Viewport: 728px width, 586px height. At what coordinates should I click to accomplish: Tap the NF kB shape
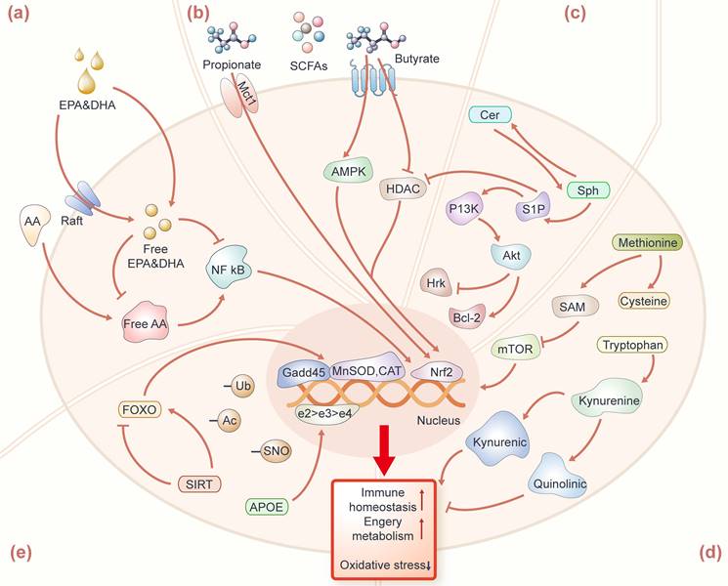coord(233,264)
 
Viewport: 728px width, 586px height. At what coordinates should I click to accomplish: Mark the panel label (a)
coord(21,14)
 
